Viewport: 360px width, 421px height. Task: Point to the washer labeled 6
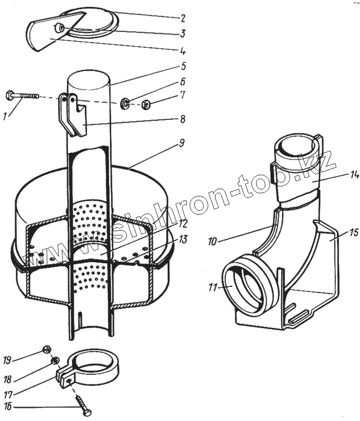tap(125, 105)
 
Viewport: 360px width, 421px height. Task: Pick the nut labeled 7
tap(145, 106)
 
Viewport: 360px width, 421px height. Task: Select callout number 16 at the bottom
tap(7, 407)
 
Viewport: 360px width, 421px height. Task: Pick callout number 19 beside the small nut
tap(7, 361)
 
